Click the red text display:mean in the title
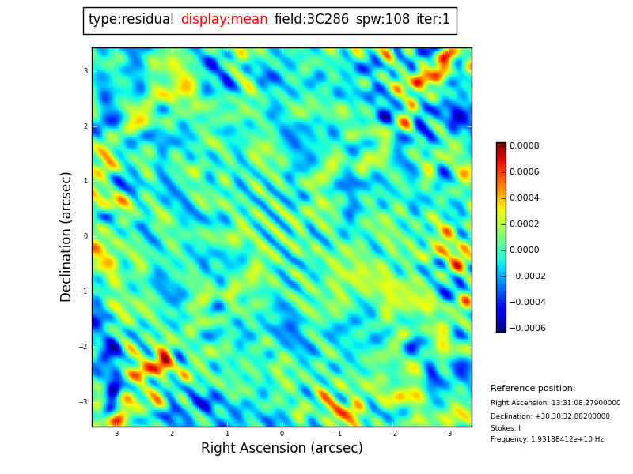coord(224,20)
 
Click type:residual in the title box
coord(131,20)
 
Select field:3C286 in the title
coord(311,20)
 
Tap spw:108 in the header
coord(382,20)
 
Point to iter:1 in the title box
coord(433,20)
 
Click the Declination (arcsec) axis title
coord(66,236)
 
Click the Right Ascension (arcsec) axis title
coord(282,449)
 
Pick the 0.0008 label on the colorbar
coord(524,145)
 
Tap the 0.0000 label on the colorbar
coord(524,250)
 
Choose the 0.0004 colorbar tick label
coord(524,197)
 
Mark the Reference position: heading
coord(533,389)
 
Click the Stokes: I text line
coord(505,428)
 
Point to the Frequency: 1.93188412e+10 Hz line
coord(547,439)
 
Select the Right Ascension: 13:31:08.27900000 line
coord(555,403)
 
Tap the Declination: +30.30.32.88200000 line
coord(550,416)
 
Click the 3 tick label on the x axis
coord(116,434)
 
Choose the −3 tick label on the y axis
coord(83,402)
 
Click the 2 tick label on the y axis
coord(85,126)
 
